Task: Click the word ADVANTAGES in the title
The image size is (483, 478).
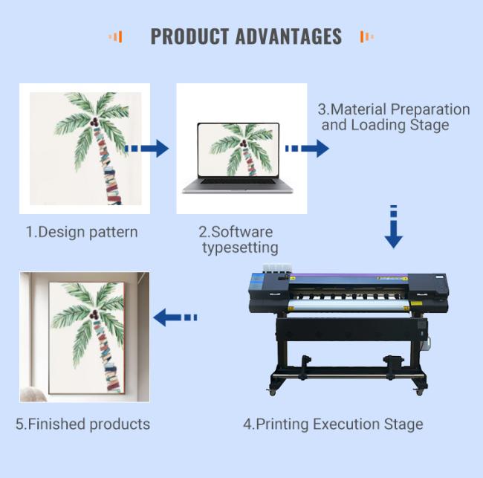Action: point(288,36)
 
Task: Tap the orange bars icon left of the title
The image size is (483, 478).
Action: point(115,36)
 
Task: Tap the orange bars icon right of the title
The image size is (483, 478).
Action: point(367,36)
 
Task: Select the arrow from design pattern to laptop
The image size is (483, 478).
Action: point(146,149)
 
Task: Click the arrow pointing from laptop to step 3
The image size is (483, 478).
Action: point(307,149)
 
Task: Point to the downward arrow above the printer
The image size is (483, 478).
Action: point(393,227)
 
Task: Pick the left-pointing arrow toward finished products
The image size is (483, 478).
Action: point(175,317)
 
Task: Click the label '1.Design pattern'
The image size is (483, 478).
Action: point(82,232)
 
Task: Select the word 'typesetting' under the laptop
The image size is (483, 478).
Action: point(240,248)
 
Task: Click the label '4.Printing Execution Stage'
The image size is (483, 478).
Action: point(333,424)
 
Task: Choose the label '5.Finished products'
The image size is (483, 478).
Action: point(83,424)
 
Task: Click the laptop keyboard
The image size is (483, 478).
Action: point(238,181)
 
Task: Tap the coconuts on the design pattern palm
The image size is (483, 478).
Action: point(94,122)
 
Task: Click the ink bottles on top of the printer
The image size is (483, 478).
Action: point(277,268)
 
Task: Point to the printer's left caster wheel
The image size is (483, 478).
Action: point(272,393)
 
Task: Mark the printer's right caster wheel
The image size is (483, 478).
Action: point(420,392)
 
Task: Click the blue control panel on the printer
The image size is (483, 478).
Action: point(256,282)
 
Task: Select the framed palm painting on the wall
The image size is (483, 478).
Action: point(86,337)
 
